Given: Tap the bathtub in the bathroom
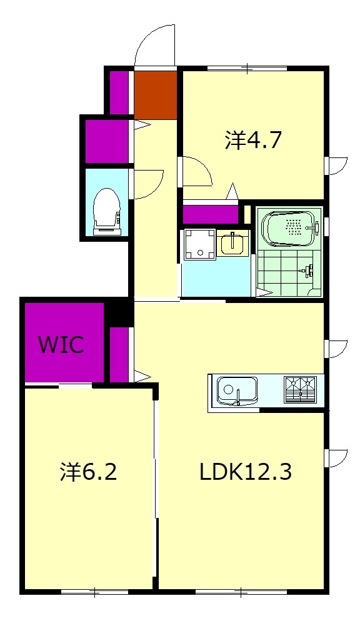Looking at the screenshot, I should [x=289, y=229].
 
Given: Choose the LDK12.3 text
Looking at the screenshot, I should [x=246, y=472].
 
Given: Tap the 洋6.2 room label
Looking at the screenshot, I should [x=89, y=472].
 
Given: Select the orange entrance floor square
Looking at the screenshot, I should [x=156, y=94].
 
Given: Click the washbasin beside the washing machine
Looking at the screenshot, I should [x=232, y=242].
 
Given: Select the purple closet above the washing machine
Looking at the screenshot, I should [x=211, y=214].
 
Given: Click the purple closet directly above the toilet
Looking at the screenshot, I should [x=106, y=141].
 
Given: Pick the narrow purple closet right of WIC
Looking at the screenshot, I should [x=119, y=354].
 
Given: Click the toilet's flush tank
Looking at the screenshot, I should [x=106, y=231].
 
